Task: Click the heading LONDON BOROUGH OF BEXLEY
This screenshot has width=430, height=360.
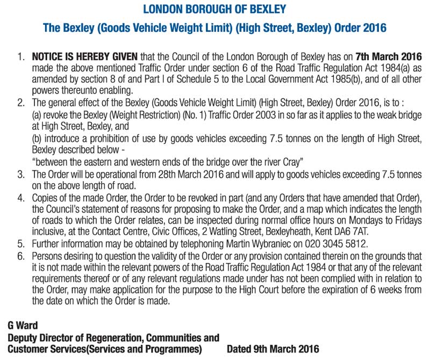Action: (x=214, y=9)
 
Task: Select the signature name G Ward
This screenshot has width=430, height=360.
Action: (x=23, y=326)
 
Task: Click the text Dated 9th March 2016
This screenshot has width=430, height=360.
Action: (x=273, y=349)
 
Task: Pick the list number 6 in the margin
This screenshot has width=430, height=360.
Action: (x=21, y=254)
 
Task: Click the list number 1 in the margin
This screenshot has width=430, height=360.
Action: (x=21, y=56)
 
